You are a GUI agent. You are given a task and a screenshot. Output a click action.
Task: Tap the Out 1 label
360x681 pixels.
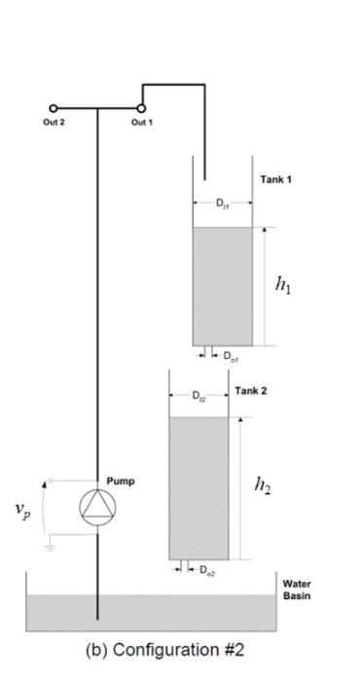[x=141, y=122]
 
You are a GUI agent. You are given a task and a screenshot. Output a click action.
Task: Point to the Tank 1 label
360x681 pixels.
[x=275, y=181]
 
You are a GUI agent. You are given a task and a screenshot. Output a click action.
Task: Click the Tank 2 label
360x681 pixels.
[x=251, y=391]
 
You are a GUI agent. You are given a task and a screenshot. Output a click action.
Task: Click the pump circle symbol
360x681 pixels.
[x=97, y=505]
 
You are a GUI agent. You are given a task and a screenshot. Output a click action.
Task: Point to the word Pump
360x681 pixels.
[x=121, y=481]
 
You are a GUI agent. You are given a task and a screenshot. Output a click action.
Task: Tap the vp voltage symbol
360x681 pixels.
[x=22, y=510]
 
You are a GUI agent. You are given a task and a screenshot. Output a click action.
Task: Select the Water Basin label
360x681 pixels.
[x=296, y=590]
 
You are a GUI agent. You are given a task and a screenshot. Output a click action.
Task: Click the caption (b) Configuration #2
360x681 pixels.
[x=180, y=650]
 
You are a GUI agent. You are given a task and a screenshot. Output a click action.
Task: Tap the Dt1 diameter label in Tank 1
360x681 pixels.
[x=222, y=204]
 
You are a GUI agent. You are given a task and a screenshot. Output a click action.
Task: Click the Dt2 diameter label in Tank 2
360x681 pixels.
[x=198, y=396]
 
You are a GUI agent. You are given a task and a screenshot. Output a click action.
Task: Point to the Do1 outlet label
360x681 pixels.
[x=230, y=357]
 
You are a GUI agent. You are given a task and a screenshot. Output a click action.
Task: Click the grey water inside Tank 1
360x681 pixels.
[x=222, y=287]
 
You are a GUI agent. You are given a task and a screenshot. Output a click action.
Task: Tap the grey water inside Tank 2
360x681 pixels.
[x=198, y=486]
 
